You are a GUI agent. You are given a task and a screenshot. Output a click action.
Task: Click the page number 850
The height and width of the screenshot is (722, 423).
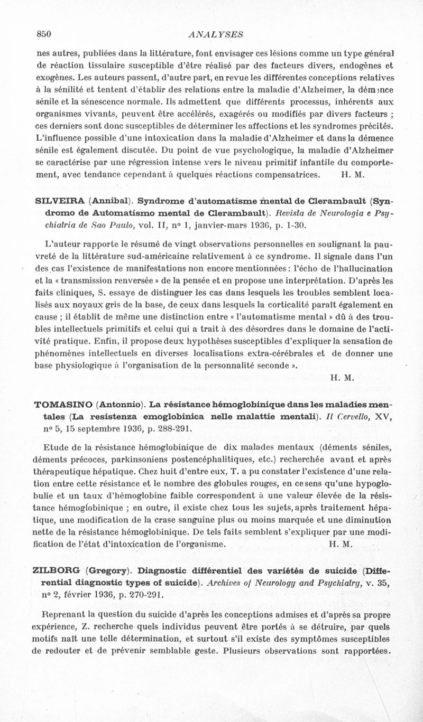coord(43,34)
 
